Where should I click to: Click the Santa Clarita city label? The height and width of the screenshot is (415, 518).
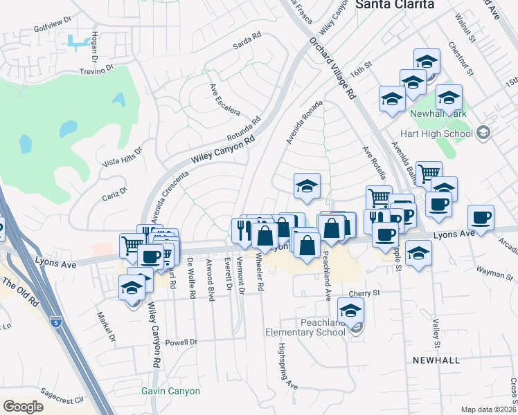pyautogui.click(x=395, y=4)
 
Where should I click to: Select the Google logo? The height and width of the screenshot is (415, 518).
pyautogui.click(x=23, y=406)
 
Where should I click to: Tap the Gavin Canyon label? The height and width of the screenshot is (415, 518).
pyautogui.click(x=170, y=391)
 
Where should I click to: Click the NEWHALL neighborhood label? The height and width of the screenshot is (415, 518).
pyautogui.click(x=436, y=361)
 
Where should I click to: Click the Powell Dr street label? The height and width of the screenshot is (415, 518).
pyautogui.click(x=181, y=342)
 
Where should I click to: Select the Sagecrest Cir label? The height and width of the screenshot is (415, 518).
pyautogui.click(x=63, y=399)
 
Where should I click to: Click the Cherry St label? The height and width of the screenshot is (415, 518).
pyautogui.click(x=366, y=293)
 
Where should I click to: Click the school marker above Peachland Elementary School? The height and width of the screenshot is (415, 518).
pyautogui.click(x=350, y=310)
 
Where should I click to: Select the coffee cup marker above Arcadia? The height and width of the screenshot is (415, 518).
pyautogui.click(x=481, y=217)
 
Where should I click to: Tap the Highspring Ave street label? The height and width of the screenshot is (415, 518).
pyautogui.click(x=287, y=367)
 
